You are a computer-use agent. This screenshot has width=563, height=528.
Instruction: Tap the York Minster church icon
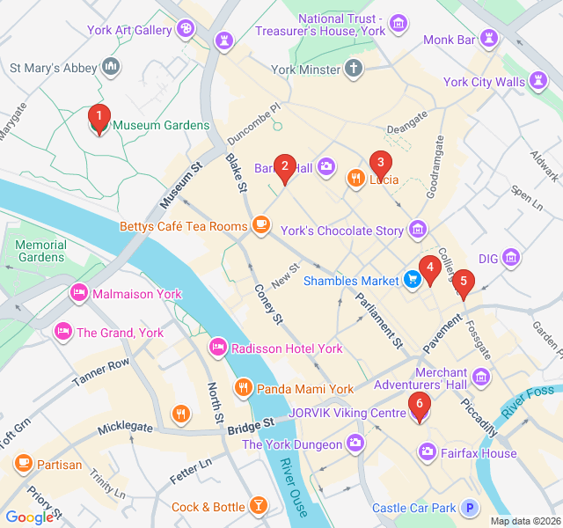[x=354, y=69]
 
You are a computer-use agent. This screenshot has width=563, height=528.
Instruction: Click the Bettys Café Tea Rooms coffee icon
[x=260, y=226]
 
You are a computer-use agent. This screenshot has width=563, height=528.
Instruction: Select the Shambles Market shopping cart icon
[x=412, y=281]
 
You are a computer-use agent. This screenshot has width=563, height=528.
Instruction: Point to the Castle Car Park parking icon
[x=470, y=508]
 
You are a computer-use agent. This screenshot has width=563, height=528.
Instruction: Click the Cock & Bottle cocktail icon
[x=259, y=506]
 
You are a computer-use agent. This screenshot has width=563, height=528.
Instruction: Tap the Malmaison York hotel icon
[x=79, y=293]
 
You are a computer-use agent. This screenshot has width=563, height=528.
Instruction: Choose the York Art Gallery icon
[x=185, y=30]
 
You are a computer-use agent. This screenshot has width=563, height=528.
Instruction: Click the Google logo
[x=29, y=517]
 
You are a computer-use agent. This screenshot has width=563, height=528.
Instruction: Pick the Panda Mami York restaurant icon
[x=244, y=388]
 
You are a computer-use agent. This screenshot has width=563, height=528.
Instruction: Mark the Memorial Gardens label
[x=40, y=251]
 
